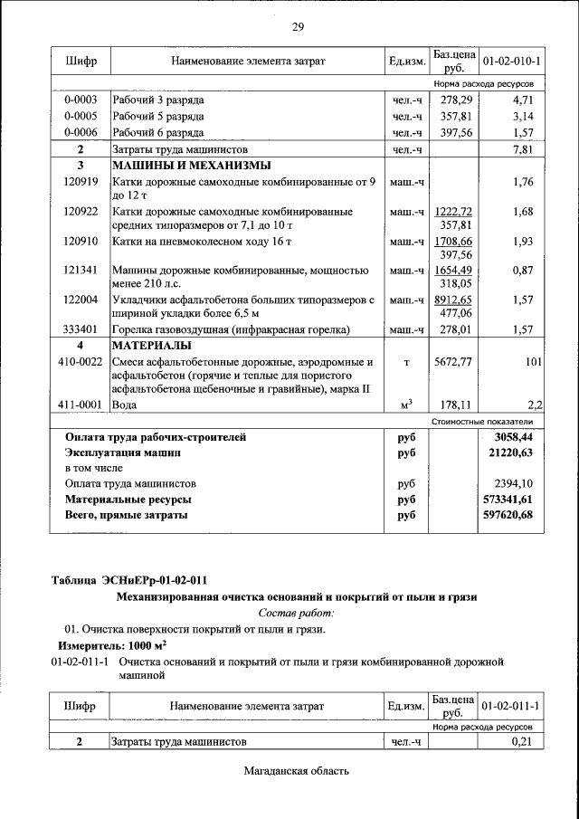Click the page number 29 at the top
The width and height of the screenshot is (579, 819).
[297, 26]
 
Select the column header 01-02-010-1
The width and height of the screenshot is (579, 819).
[511, 62]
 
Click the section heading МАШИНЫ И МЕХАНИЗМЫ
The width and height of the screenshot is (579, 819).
[191, 166]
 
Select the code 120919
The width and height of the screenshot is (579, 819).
[81, 182]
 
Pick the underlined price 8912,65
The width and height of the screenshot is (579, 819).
[451, 299]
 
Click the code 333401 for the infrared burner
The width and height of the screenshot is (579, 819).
[81, 329]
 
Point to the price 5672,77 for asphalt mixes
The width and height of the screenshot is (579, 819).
[451, 362]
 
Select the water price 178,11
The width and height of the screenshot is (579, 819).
[451, 406]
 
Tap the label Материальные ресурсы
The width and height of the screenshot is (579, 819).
[128, 499]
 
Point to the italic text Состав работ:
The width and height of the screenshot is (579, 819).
[297, 613]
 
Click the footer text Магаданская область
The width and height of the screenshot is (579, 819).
[297, 771]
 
